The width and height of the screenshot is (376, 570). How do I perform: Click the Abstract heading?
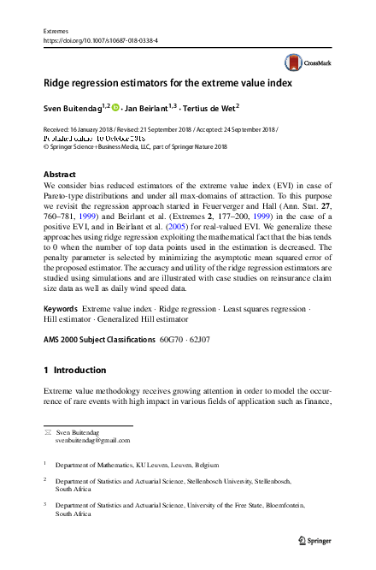click(60, 174)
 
